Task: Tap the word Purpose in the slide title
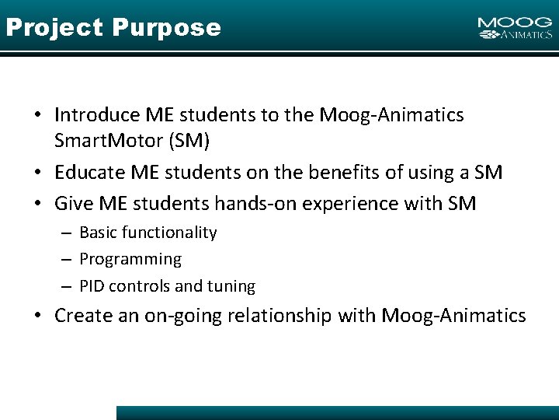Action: click(166, 28)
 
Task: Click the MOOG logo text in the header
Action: click(515, 23)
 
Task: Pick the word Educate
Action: click(87, 173)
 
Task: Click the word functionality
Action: click(172, 233)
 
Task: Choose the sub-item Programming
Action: click(130, 259)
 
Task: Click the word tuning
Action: click(231, 286)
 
